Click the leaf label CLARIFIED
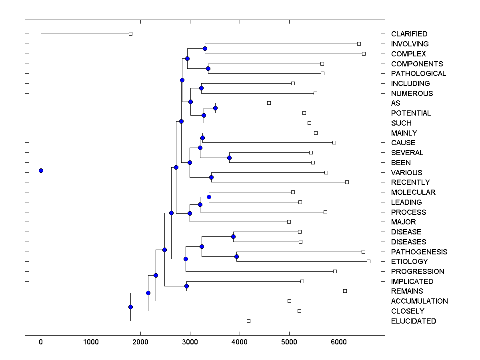point(409,34)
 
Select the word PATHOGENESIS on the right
point(419,252)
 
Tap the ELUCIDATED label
point(414,321)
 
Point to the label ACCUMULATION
point(419,301)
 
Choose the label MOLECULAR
point(413,192)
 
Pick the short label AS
point(396,103)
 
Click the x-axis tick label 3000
point(190,342)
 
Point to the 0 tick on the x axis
point(41,342)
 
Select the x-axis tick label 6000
point(339,342)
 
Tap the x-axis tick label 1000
point(91,342)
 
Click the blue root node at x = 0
point(41,170)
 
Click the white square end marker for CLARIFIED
point(130,34)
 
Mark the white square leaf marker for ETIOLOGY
point(368,261)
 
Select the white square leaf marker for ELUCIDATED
point(248,321)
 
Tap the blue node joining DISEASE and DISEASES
point(233,236)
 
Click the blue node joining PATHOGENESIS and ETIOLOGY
point(236,256)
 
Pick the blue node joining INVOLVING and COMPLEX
point(205,48)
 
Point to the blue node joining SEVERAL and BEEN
point(229,158)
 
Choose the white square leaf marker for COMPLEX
point(364,54)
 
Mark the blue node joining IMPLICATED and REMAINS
point(186,286)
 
